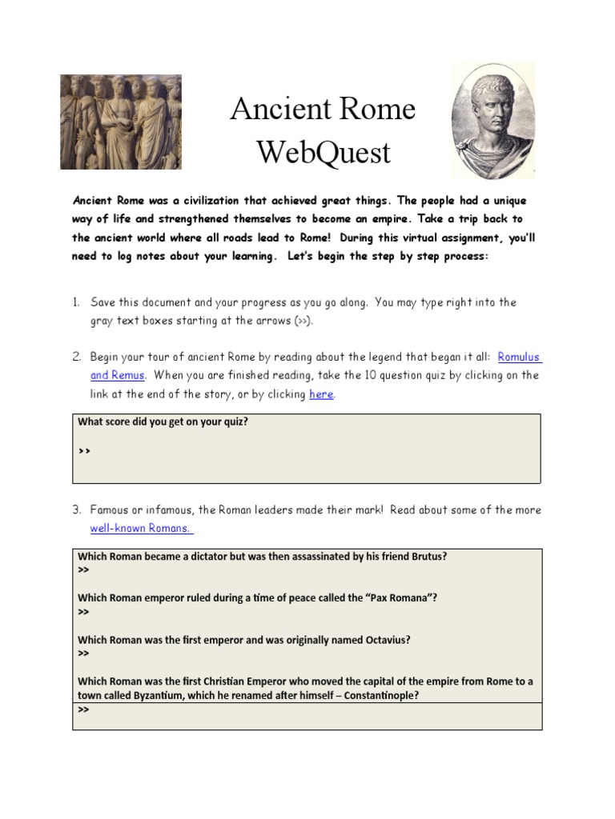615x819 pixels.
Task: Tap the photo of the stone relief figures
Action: tap(121, 122)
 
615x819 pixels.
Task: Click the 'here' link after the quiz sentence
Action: tap(320, 394)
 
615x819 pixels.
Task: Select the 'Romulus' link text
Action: tap(525, 356)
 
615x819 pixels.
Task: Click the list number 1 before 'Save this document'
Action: tap(76, 302)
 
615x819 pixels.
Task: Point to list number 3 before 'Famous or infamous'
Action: tap(77, 509)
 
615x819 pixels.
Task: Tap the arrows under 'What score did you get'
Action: tap(85, 450)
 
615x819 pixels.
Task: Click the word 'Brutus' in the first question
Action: tap(428, 557)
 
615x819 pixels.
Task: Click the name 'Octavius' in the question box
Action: tap(388, 640)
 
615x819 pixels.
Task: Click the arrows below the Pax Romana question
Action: tap(83, 612)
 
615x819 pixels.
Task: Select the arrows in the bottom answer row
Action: tap(83, 709)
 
